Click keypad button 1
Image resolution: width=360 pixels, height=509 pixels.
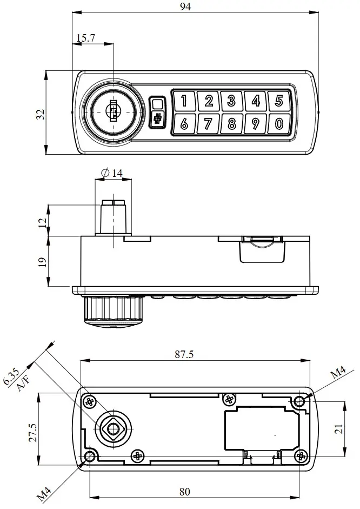tap(184, 101)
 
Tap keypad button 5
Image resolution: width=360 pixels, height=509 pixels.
tap(279, 101)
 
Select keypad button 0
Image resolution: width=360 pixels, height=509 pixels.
tap(279, 124)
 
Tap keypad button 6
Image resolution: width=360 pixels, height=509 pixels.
tap(184, 124)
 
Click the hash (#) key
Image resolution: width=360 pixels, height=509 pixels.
tap(157, 120)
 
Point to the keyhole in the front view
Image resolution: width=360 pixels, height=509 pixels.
tap(113, 112)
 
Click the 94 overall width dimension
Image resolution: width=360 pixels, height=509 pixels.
tap(187, 6)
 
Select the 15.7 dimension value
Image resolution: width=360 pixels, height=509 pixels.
tap(86, 38)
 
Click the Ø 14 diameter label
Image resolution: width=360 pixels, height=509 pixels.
tap(112, 173)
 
